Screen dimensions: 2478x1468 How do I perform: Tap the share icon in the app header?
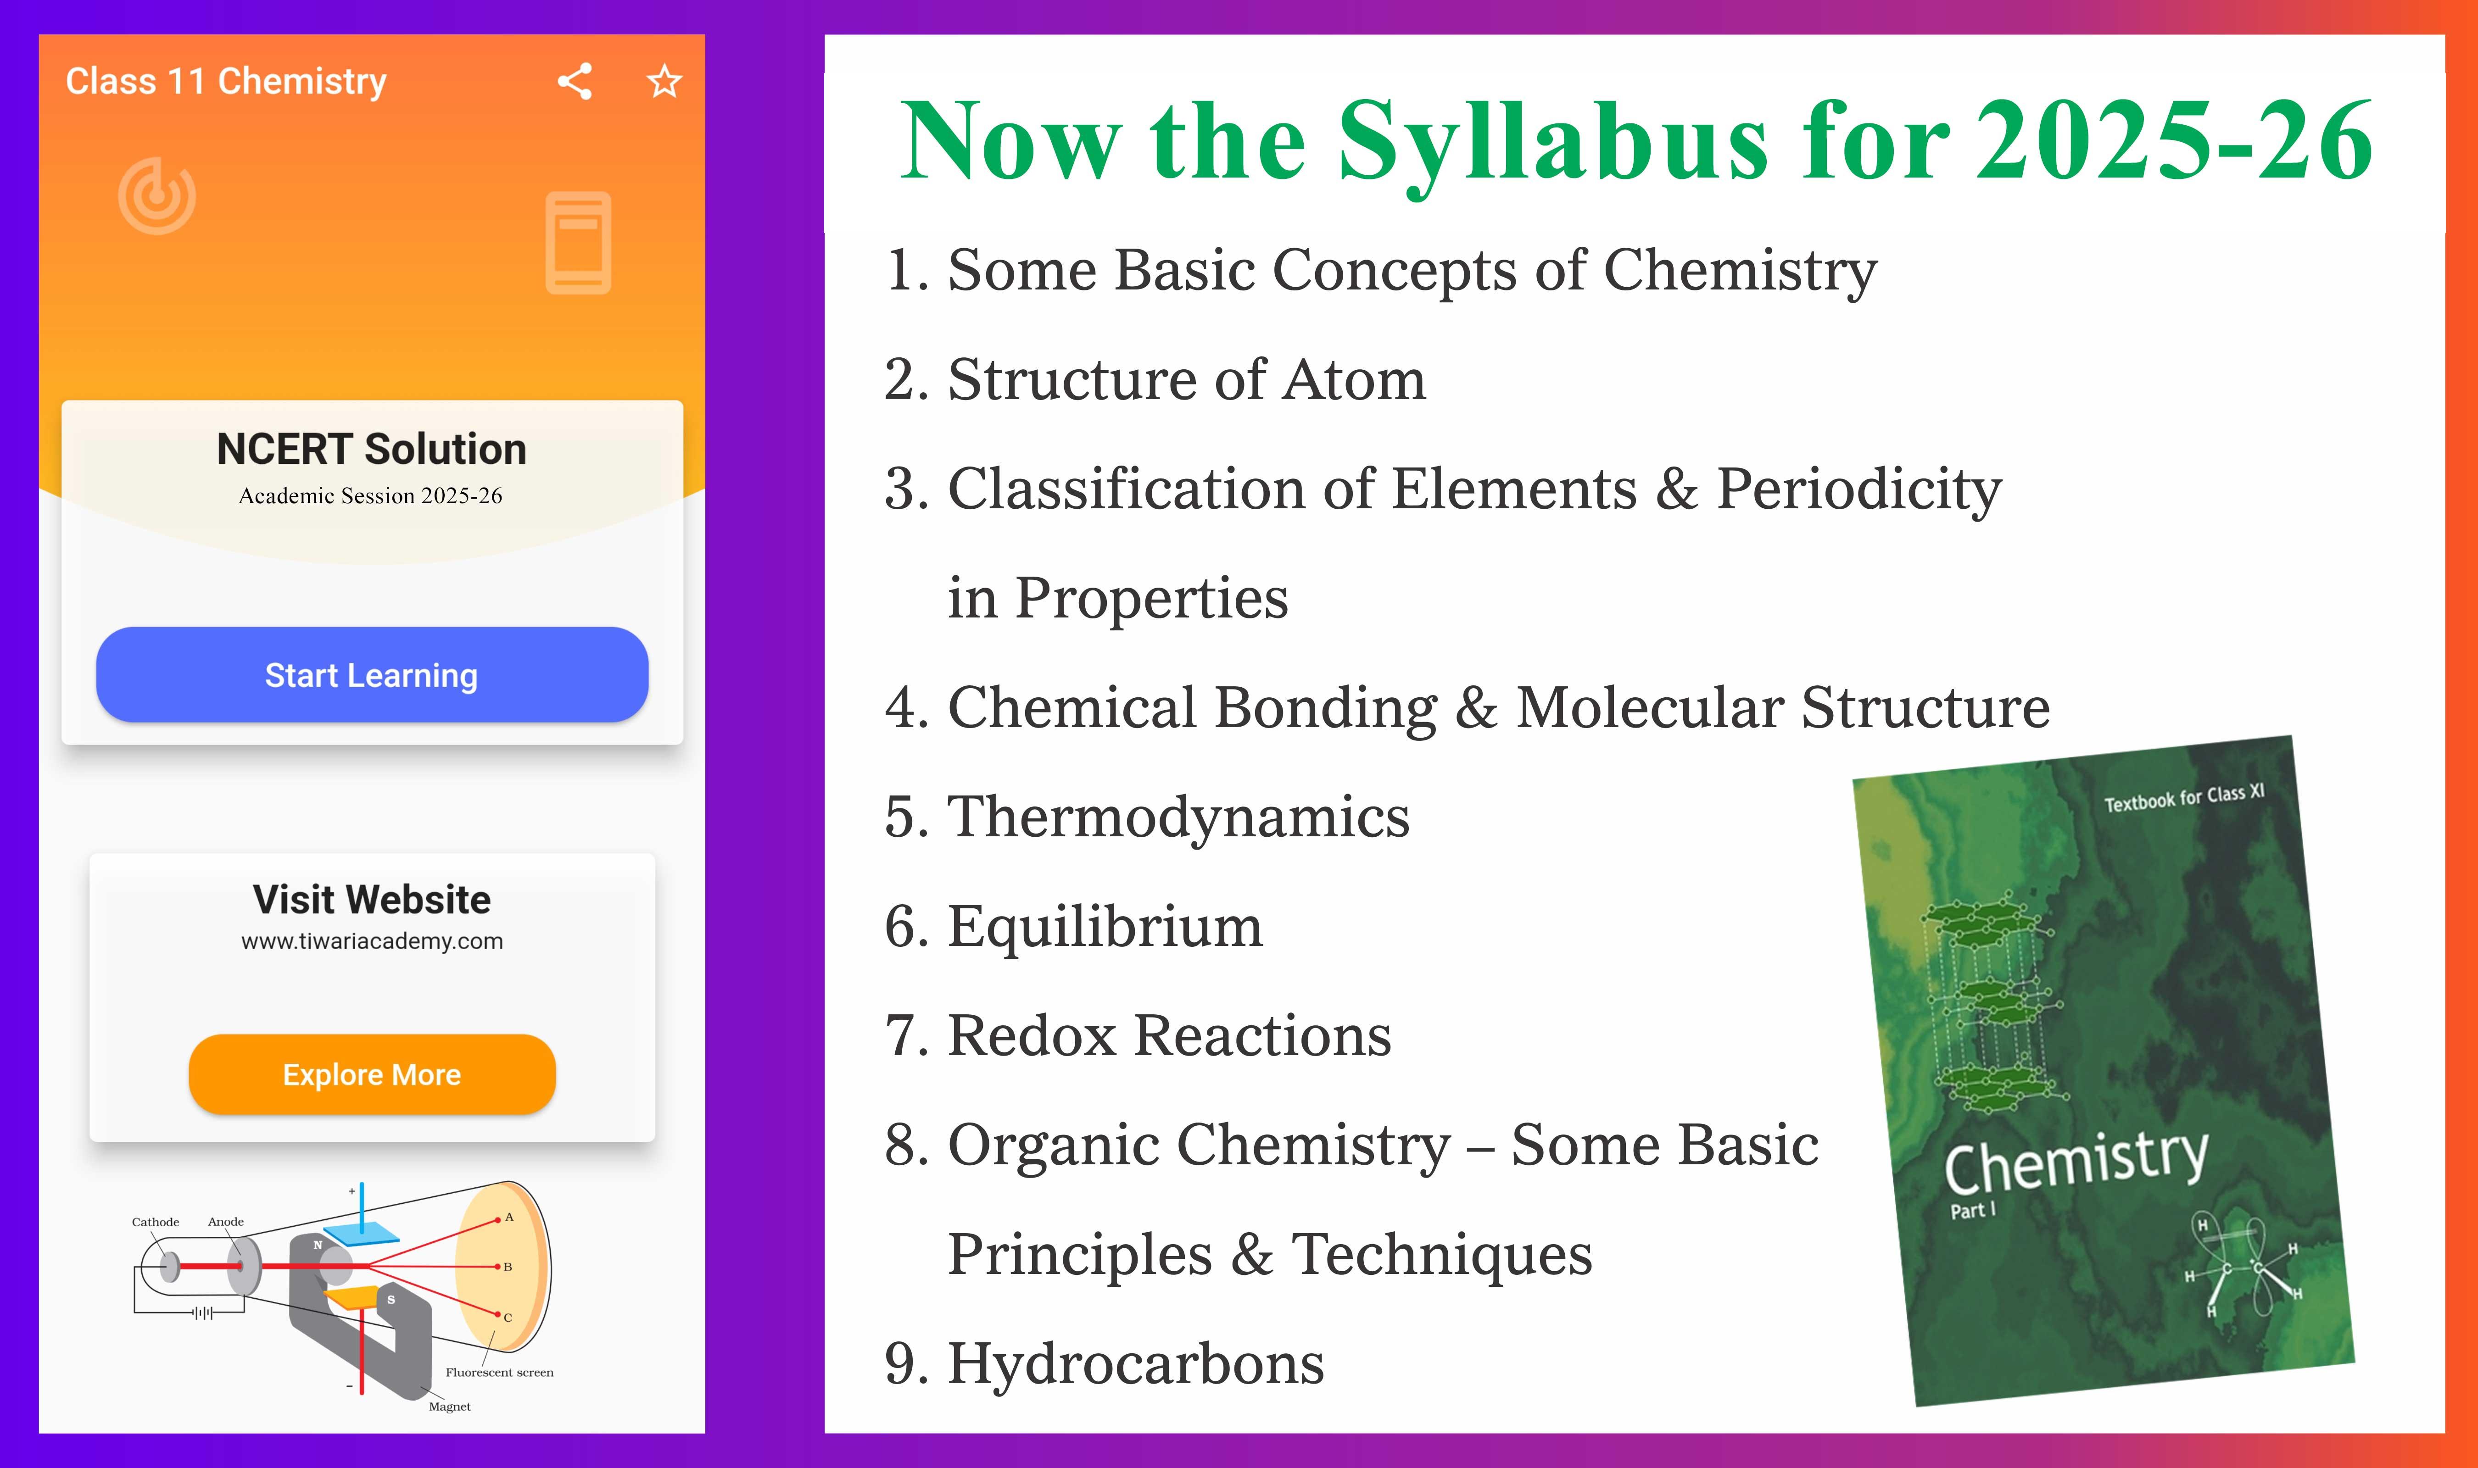click(x=575, y=81)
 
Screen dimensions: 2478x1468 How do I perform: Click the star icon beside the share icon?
click(x=665, y=81)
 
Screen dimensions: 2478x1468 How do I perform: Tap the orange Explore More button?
click(x=372, y=1074)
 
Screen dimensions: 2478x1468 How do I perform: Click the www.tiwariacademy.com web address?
click(x=372, y=941)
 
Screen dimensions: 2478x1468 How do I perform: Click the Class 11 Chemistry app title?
click(x=225, y=81)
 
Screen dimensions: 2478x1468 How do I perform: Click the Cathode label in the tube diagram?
click(x=155, y=1222)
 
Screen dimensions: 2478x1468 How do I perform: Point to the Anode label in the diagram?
click(x=225, y=1222)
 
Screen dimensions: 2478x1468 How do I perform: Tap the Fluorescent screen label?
click(x=500, y=1372)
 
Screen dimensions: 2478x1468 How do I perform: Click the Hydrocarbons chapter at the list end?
click(x=1104, y=1363)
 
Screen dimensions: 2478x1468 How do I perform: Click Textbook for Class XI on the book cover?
click(x=2184, y=797)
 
